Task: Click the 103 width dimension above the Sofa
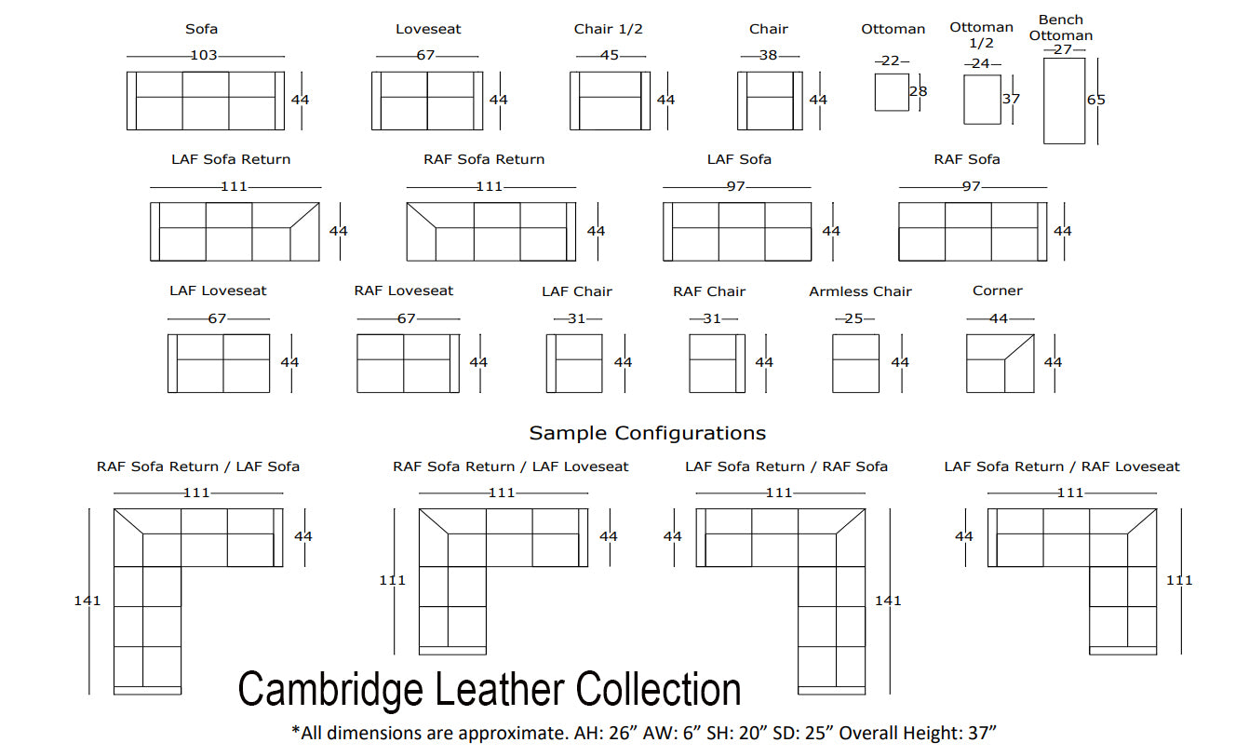coord(204,55)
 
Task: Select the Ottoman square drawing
coord(892,92)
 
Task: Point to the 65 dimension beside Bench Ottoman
coord(1096,100)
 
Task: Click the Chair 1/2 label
coord(609,29)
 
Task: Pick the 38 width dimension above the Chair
coord(768,55)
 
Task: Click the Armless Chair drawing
coord(855,362)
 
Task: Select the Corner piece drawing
coord(1001,362)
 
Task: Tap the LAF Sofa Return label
coord(231,159)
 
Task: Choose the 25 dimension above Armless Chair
coord(854,318)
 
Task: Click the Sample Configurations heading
coord(647,433)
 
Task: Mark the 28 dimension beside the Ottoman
coord(919,91)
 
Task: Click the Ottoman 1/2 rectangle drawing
coord(982,99)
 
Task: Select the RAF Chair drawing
coord(717,362)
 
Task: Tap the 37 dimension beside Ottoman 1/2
coord(1011,99)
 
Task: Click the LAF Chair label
coord(577,291)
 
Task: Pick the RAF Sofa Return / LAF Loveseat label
coord(511,466)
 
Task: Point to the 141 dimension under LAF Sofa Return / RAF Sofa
coord(888,601)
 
